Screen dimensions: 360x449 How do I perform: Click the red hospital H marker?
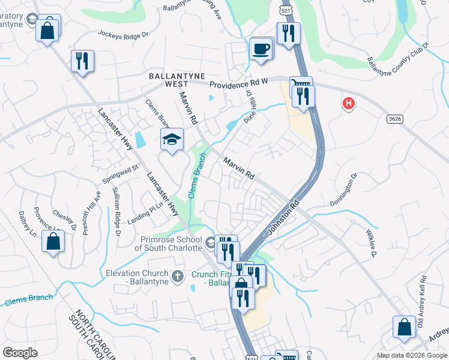click(x=348, y=104)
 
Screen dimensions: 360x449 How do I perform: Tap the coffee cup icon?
click(x=261, y=49)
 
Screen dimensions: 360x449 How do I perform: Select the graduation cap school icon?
click(x=172, y=140)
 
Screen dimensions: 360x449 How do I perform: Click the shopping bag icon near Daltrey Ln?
click(x=53, y=242)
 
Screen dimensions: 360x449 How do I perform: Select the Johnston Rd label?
click(x=283, y=217)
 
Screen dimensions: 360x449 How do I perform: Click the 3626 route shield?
click(x=394, y=119)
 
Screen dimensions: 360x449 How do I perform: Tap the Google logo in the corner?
click(x=20, y=352)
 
